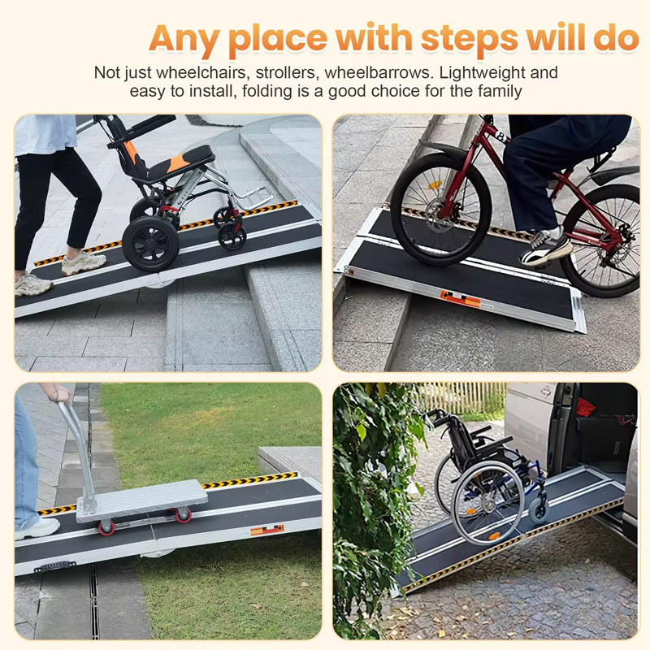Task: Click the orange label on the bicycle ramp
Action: click(x=460, y=298)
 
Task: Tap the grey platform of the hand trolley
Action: click(x=143, y=498)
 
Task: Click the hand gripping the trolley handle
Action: click(x=57, y=393)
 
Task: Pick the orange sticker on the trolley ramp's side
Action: click(x=266, y=530)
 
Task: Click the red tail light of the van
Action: click(x=585, y=407)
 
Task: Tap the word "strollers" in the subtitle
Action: click(x=290, y=72)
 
